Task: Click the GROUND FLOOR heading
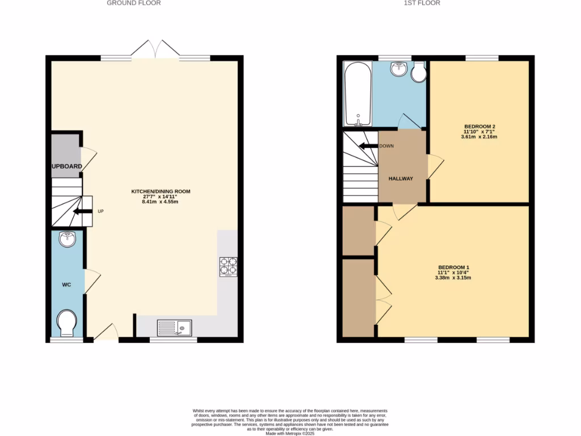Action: click(134, 3)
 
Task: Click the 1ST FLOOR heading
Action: click(422, 3)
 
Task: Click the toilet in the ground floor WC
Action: click(67, 322)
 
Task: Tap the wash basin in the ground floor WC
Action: click(67, 239)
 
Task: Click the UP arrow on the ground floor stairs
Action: click(83, 211)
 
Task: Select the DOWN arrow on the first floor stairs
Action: click(368, 146)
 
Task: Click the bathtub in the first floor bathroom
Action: click(358, 94)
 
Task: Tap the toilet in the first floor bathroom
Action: click(419, 72)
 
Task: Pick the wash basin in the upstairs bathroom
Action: click(399, 69)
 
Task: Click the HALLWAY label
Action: click(401, 179)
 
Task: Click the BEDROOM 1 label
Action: click(453, 267)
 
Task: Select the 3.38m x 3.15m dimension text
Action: click(453, 278)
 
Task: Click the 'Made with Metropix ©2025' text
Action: click(290, 433)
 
